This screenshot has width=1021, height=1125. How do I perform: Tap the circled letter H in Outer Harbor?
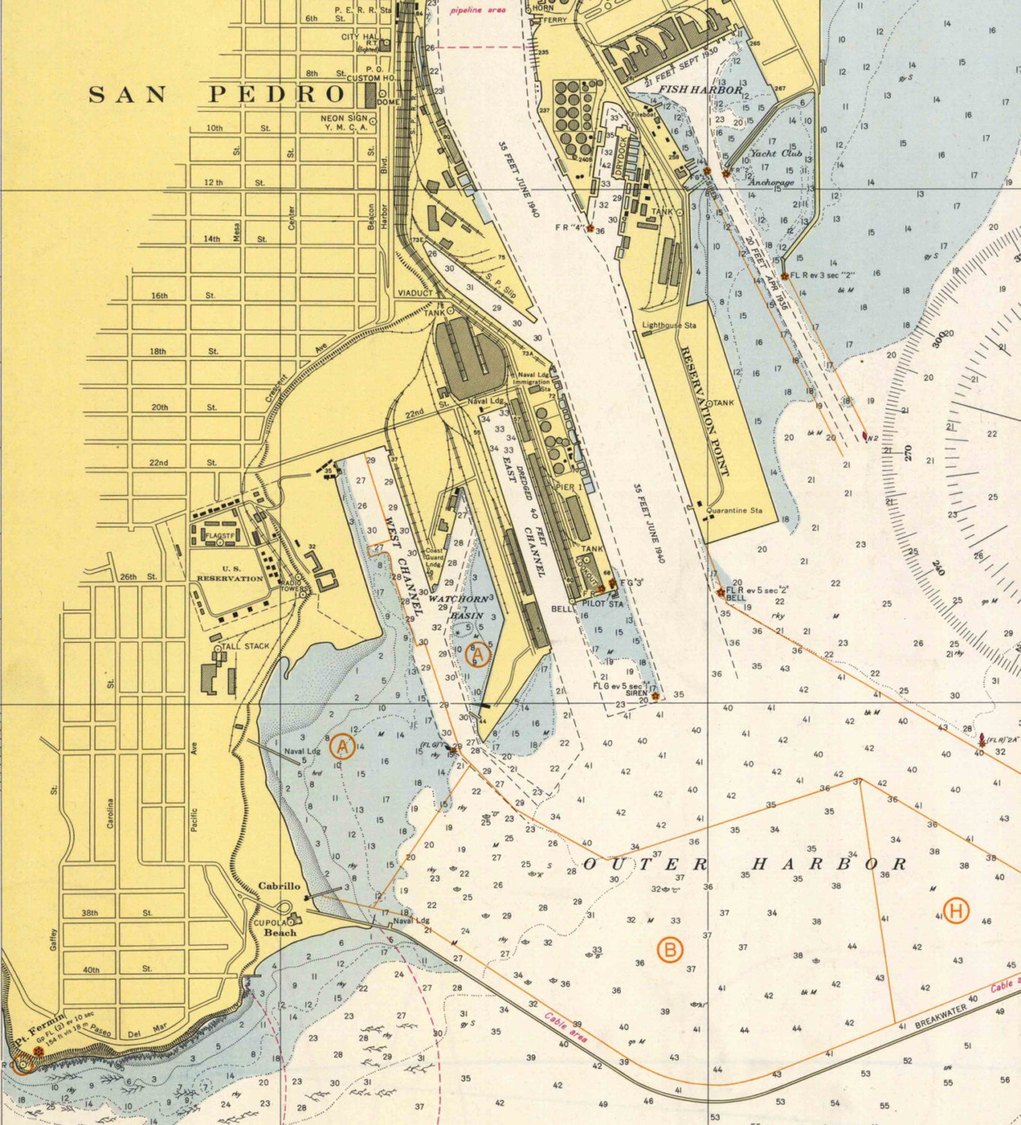point(956,911)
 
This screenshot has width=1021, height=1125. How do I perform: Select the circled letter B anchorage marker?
point(670,950)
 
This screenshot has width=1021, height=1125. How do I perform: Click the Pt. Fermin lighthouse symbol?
point(39,1050)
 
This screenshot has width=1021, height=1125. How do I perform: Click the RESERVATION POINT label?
point(705,411)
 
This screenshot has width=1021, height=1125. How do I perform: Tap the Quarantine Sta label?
point(735,510)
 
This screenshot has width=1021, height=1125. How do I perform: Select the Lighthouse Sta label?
point(669,325)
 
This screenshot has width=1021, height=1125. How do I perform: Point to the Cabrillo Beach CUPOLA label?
point(270,923)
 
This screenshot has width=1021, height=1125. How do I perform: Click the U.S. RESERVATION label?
point(230,573)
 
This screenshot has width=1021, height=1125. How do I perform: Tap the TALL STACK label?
point(245,646)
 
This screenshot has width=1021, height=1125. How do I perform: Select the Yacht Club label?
point(776,154)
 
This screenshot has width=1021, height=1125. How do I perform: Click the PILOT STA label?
point(602,604)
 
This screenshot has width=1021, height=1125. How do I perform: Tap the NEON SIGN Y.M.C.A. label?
point(344,122)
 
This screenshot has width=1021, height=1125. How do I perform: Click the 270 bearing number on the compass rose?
point(908,453)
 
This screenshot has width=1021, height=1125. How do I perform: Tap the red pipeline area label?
point(478,10)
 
